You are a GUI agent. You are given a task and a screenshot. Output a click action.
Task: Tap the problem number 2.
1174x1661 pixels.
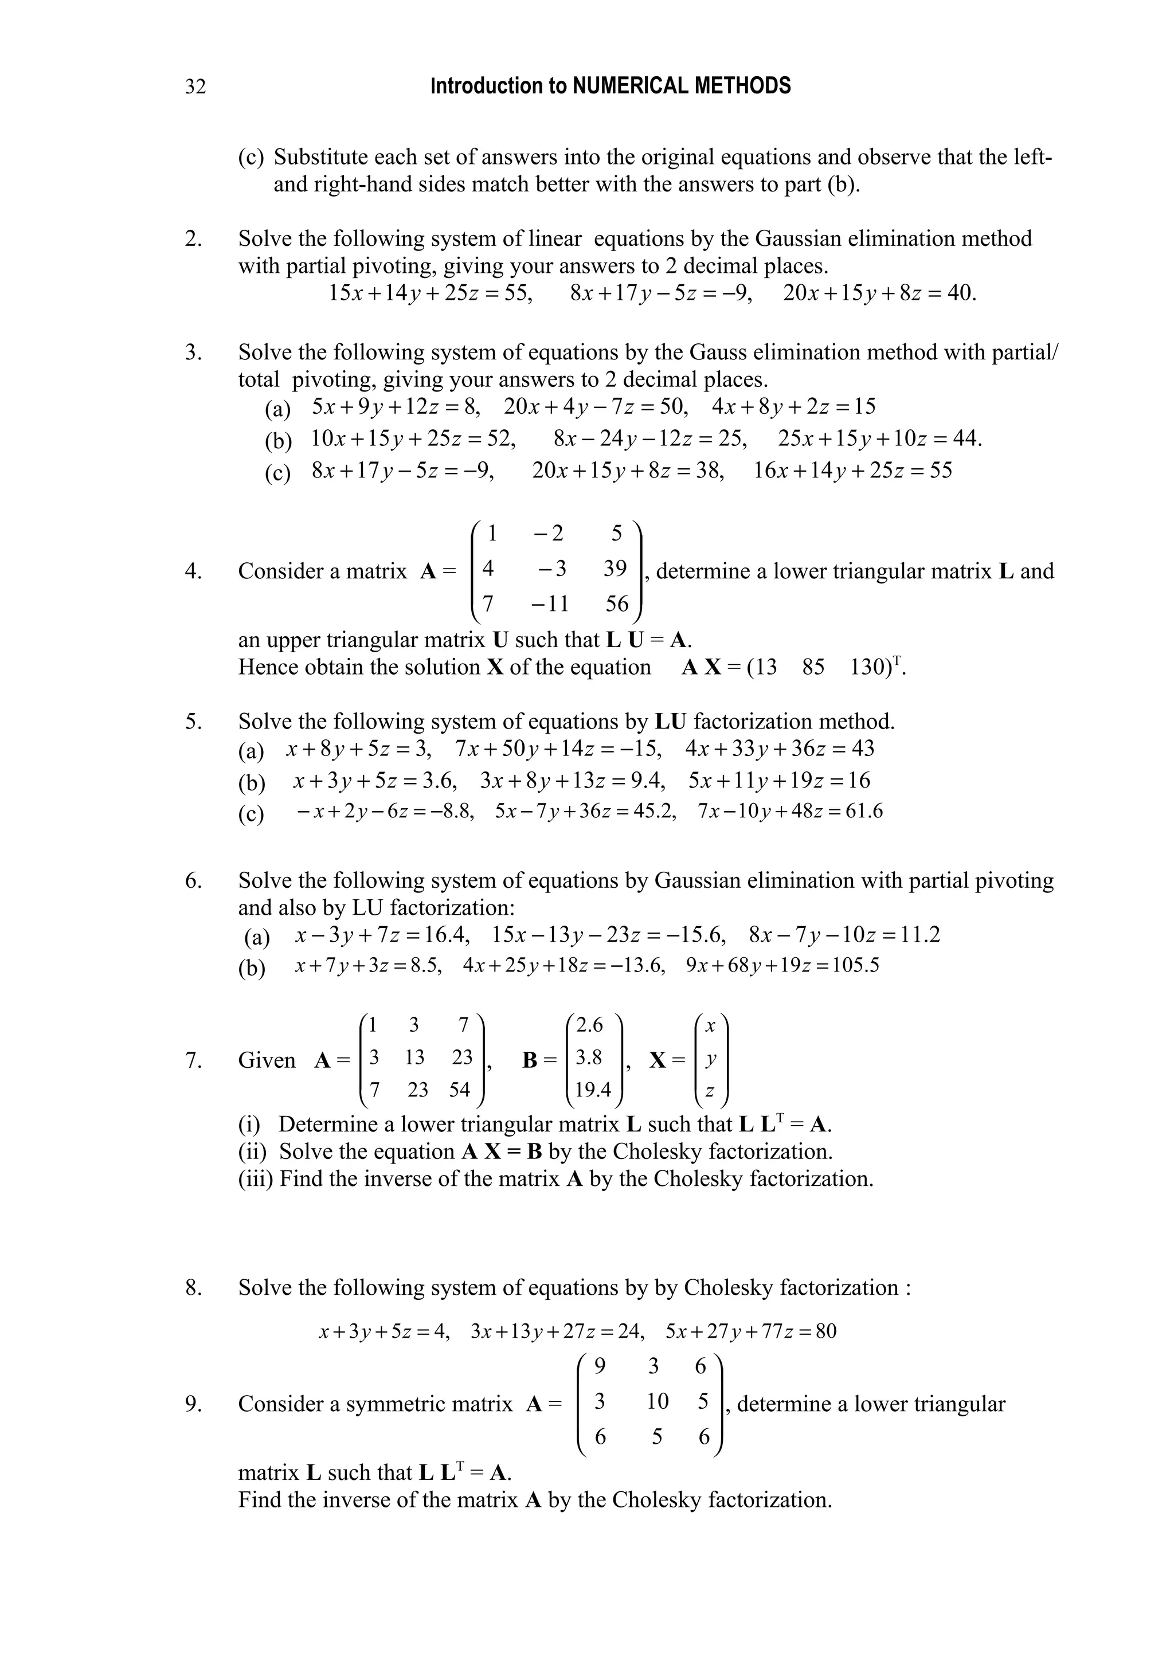click(x=193, y=239)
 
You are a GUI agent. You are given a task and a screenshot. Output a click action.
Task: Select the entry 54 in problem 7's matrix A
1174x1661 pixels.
click(x=459, y=1090)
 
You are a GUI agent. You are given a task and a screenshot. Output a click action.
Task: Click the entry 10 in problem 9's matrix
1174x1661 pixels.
click(x=657, y=1402)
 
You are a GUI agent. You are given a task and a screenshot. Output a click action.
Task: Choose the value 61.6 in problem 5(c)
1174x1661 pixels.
click(x=864, y=812)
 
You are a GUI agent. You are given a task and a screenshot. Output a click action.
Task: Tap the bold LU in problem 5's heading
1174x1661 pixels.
click(x=671, y=722)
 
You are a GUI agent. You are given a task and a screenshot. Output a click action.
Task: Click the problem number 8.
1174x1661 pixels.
click(x=193, y=1288)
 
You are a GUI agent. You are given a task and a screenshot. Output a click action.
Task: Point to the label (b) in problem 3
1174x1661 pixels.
click(x=278, y=440)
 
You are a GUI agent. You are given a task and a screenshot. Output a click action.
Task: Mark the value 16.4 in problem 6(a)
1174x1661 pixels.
click(x=447, y=935)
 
